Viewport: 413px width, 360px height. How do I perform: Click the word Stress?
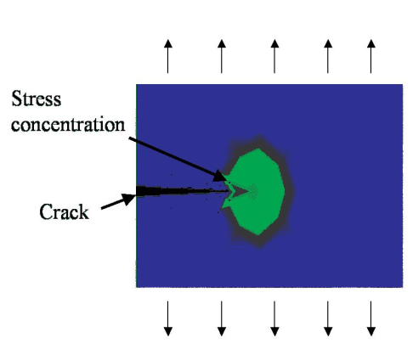pos(37,98)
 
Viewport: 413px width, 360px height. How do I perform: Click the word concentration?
pos(68,124)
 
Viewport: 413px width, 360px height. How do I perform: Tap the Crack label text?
pos(64,212)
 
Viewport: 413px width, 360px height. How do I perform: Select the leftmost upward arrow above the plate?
pos(168,56)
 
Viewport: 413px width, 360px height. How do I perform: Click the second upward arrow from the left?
pos(222,56)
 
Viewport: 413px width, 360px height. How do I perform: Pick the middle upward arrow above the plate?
pos(274,56)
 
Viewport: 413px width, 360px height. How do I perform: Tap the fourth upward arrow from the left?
pos(328,56)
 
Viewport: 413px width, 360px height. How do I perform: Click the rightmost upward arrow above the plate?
pos(371,56)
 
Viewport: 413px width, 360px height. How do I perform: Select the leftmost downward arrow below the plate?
pos(168,318)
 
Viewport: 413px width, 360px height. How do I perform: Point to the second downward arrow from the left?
pos(222,318)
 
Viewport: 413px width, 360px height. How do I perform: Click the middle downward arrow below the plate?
pos(274,318)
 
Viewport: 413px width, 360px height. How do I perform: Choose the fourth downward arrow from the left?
pos(328,318)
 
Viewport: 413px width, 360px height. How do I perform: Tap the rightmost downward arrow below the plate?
pos(371,318)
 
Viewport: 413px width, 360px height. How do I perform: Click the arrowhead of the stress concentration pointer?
pos(220,177)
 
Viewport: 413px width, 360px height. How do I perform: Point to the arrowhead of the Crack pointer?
pos(128,199)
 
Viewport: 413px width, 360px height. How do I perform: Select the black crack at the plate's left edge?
pos(181,191)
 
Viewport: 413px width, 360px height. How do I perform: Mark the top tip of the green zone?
pos(257,149)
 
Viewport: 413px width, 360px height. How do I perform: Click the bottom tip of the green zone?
pos(257,235)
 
